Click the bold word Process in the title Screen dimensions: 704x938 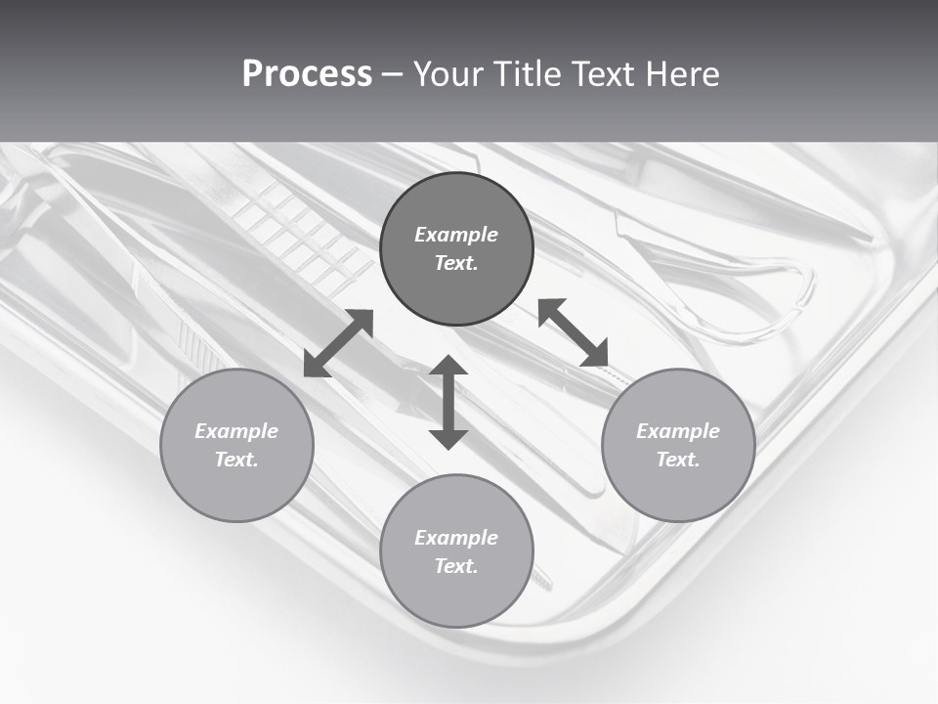307,74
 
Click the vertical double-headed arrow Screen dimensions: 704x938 448,403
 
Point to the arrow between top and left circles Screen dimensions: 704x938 338,343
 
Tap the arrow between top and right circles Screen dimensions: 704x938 573,332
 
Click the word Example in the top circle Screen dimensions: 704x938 456,235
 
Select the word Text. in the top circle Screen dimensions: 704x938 456,263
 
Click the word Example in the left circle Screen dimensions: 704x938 236,431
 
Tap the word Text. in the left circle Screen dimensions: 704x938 236,460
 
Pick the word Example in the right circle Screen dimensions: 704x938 678,431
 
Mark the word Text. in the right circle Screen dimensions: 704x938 678,460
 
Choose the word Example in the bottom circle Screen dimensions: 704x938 456,538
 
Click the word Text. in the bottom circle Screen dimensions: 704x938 456,566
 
